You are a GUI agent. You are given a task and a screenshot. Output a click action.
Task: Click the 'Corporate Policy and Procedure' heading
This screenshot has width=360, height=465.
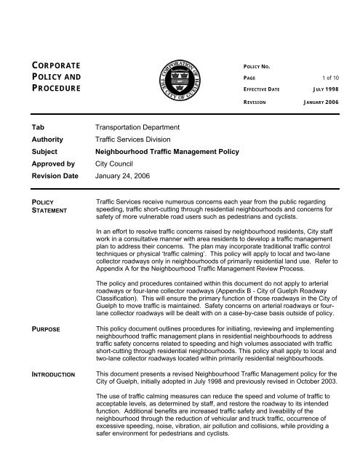coord(55,77)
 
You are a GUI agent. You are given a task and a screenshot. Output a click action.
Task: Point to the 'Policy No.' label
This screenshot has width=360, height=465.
coord(263,64)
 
